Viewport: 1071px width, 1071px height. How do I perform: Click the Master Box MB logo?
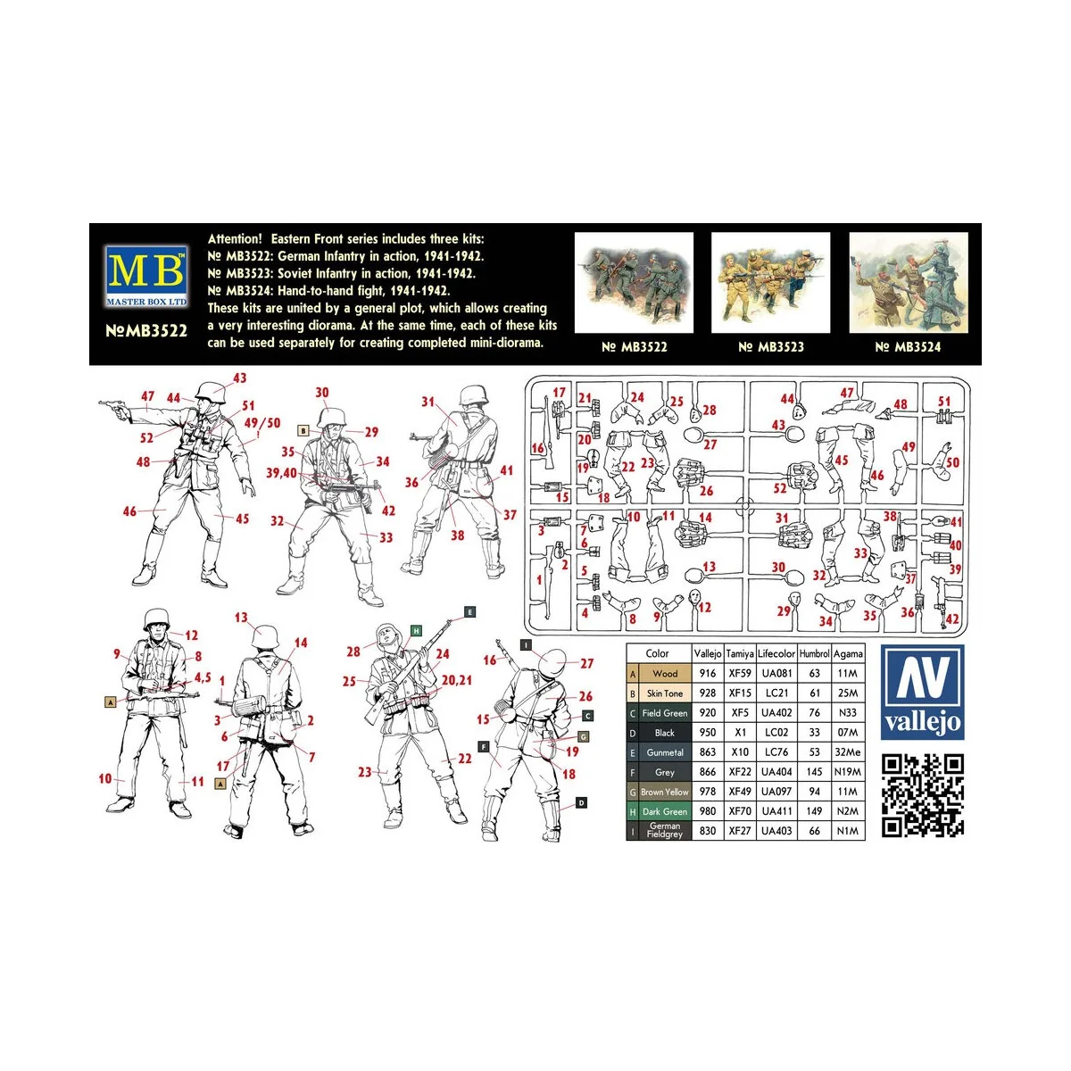[146, 276]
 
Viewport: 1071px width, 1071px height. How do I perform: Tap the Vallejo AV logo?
[922, 692]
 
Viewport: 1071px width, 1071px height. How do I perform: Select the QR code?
[923, 795]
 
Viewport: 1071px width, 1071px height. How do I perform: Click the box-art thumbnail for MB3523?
[770, 282]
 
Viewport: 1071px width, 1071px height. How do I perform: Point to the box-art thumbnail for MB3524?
[909, 282]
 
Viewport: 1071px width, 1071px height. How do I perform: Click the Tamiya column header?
[740, 654]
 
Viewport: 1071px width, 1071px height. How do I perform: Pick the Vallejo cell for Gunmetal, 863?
[708, 752]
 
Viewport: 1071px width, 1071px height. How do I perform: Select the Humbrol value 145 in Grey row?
[814, 772]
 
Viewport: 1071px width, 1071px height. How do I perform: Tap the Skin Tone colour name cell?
[665, 693]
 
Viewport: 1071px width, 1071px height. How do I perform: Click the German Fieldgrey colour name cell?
[665, 830]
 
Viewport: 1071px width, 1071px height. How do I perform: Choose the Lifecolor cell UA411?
[776, 811]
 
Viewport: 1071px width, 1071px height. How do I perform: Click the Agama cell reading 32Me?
[848, 752]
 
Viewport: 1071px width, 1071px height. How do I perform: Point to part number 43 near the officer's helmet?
[239, 378]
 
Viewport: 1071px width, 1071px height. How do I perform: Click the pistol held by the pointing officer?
[114, 407]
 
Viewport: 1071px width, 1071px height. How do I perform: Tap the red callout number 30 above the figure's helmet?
[322, 393]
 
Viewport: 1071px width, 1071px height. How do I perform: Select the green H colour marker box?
[416, 630]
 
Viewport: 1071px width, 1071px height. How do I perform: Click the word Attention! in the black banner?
[235, 239]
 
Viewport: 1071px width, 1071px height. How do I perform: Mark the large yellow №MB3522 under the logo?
[146, 331]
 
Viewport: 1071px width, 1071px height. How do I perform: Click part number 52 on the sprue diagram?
[780, 488]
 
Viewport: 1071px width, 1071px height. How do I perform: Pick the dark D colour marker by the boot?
[581, 802]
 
